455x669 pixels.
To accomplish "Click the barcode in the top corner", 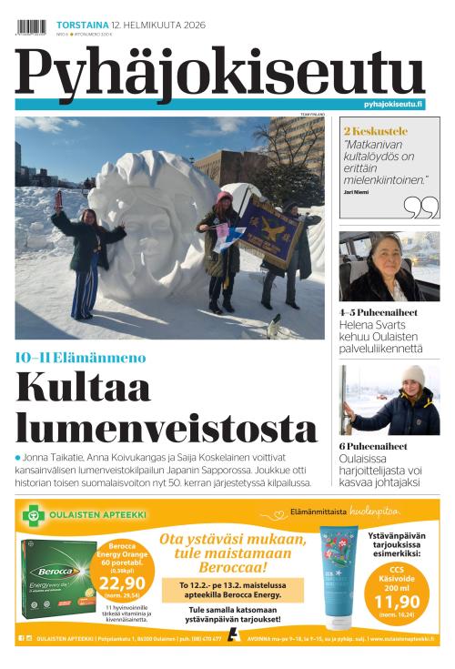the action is [30, 26].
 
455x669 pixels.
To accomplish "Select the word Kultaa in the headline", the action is [83, 389].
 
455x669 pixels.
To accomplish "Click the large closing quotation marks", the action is [420, 208].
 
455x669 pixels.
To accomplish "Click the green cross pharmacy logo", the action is [35, 516].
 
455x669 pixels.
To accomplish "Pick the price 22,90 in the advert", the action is [123, 583].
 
